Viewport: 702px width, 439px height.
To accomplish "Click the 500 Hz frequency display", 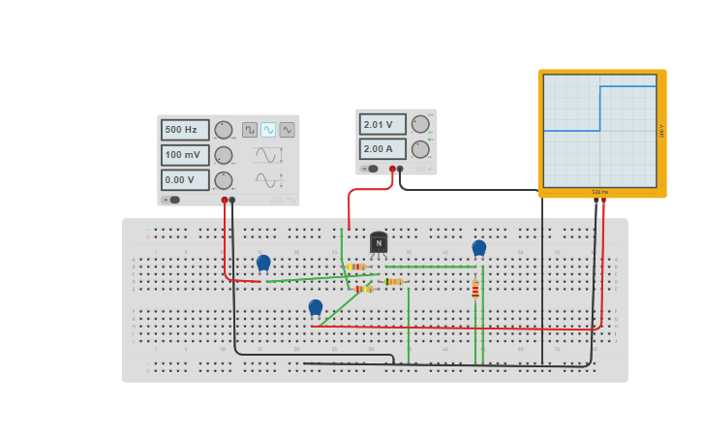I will pos(184,130).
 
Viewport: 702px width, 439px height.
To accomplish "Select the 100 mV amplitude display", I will pos(184,155).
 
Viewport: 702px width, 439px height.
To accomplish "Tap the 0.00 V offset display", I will pos(184,180).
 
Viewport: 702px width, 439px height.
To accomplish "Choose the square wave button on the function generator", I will pos(250,130).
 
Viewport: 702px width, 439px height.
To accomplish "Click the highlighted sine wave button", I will pos(268,130).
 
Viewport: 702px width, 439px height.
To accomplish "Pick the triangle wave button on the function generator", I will pos(287,130).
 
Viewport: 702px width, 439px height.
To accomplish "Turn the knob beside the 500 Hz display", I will pos(224,130).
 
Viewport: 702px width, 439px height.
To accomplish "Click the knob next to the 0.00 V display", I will pos(224,180).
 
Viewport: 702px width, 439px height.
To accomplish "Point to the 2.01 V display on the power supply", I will pos(382,124).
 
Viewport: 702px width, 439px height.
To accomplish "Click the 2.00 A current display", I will pos(382,149).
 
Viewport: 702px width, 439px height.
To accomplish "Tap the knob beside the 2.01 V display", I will pos(420,124).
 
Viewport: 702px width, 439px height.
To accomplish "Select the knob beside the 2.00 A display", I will pos(420,149).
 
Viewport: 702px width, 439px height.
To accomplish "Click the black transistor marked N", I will pos(379,242).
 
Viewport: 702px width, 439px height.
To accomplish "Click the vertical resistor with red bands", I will pos(475,289).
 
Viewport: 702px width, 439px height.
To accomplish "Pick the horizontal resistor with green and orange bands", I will pos(393,282).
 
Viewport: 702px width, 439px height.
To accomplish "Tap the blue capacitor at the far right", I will pos(479,248).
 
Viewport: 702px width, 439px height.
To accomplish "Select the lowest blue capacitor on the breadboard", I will pos(316,308).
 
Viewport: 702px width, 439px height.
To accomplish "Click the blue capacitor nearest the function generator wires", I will pos(263,263).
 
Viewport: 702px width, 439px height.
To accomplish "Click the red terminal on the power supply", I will pos(392,169).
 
